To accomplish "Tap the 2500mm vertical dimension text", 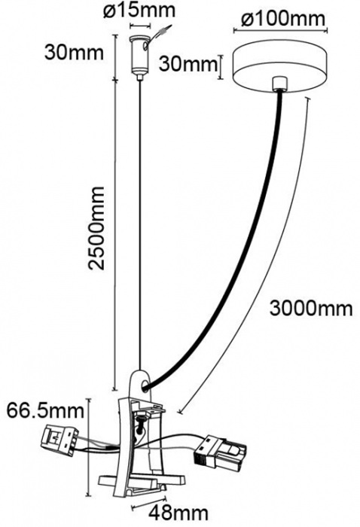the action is coord(96,228).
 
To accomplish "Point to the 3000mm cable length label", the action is coord(311,308).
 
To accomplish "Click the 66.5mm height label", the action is coord(45,410).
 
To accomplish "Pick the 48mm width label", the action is coord(178,513).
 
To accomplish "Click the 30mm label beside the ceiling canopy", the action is coord(188,63).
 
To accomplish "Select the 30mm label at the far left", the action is coord(74,53).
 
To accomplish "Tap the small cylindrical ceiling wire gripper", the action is coord(139,56).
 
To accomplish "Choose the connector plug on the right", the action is coord(220,451).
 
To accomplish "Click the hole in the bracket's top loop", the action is coord(145,386).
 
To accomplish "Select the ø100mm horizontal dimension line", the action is coord(280,32).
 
